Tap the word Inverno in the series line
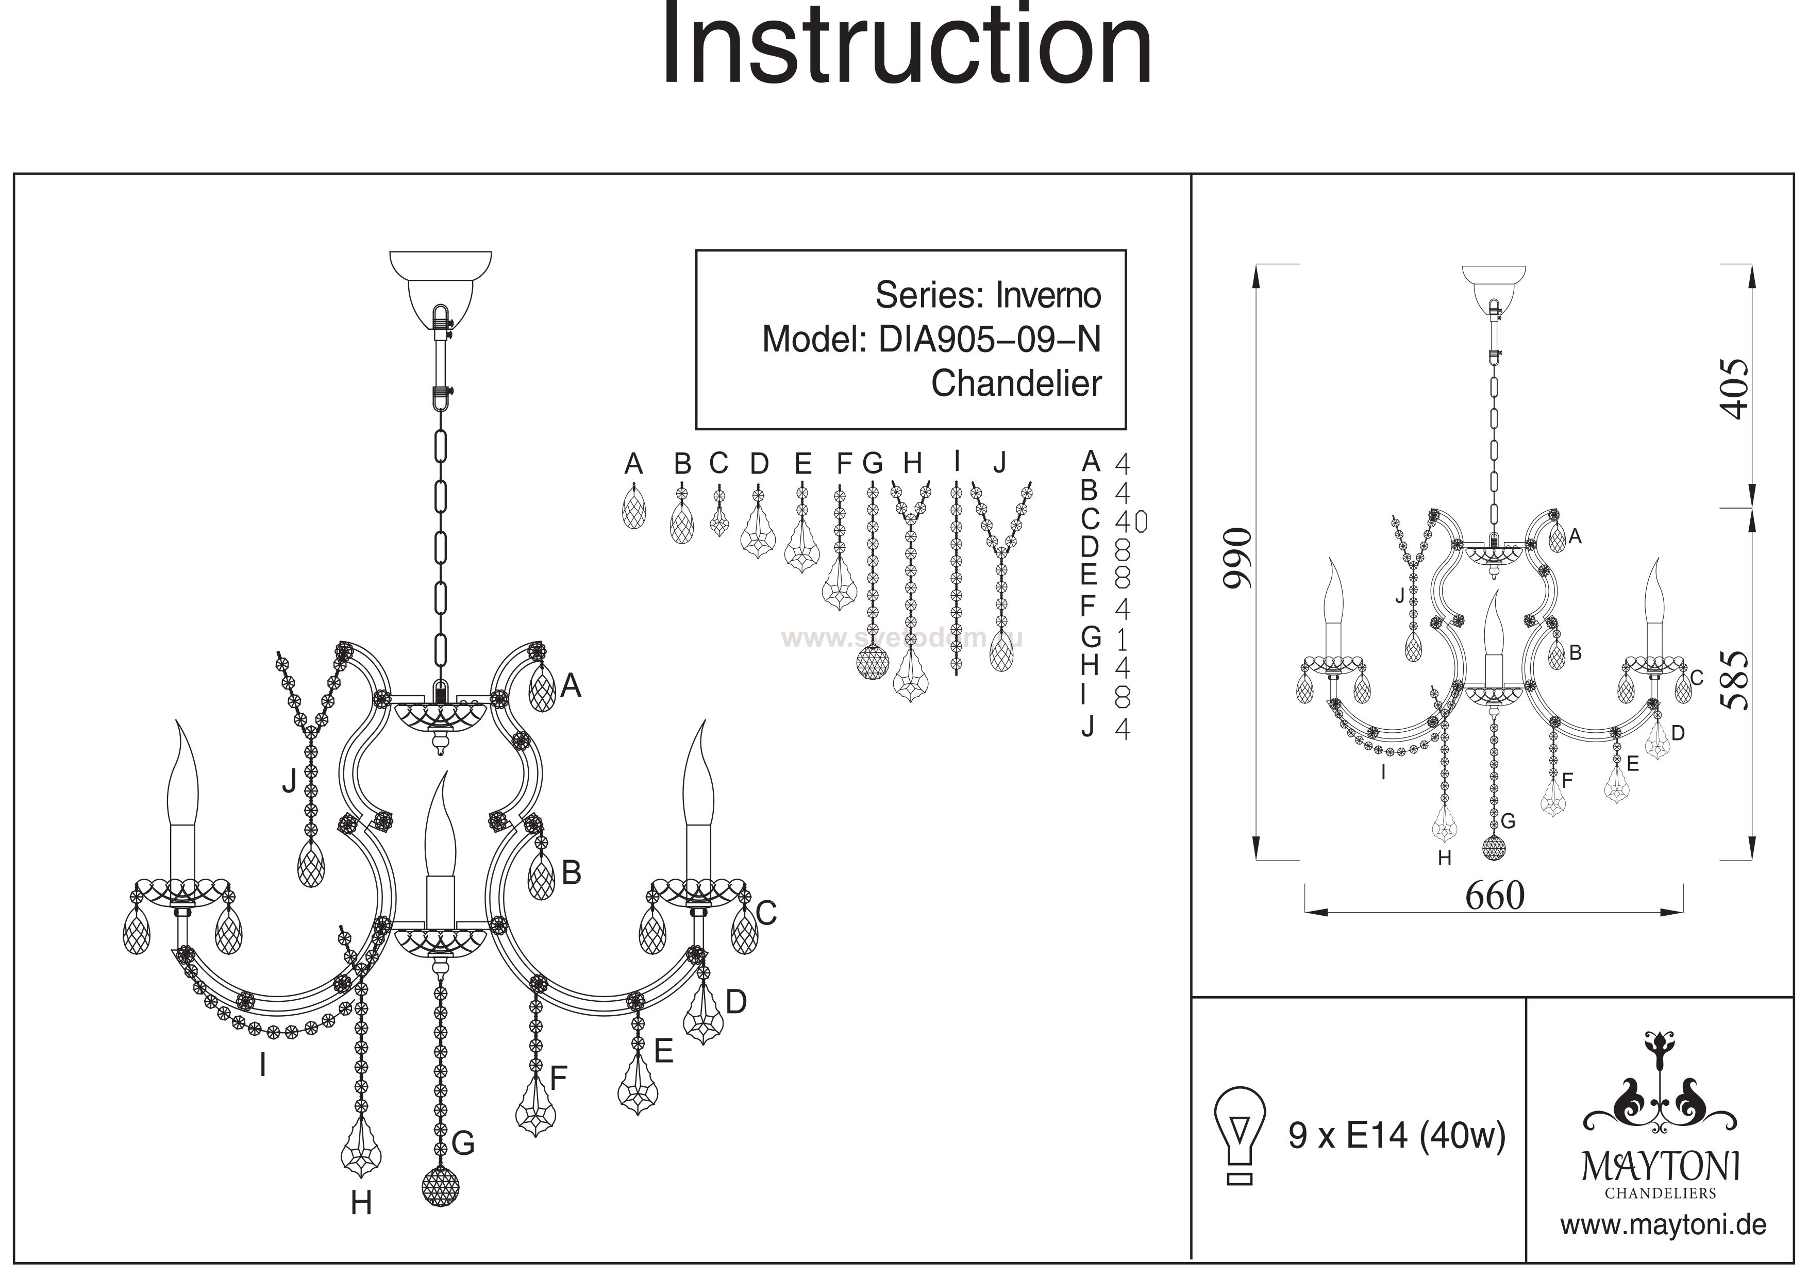click(1048, 295)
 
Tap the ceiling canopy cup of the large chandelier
click(441, 283)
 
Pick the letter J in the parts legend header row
click(999, 462)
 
